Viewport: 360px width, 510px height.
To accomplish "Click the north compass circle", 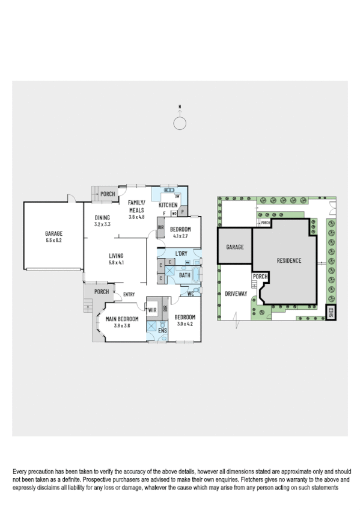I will point(180,123).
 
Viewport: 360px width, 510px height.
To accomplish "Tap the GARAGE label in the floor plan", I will point(53,234).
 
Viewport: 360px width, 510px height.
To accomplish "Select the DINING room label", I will point(102,219).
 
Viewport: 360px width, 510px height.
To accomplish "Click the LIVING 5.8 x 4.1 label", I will point(116,259).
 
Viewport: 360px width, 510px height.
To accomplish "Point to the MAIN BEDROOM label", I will point(122,319).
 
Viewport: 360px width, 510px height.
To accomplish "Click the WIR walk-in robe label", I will point(153,311).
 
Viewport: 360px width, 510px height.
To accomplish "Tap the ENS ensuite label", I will point(162,330).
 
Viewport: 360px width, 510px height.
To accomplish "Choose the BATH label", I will point(184,275).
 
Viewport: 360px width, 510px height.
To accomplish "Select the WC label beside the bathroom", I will point(190,293).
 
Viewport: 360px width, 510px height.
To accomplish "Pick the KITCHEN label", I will point(168,205).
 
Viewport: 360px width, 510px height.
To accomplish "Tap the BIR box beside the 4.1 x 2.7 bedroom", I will point(160,227).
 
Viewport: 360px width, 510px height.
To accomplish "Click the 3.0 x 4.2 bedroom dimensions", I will point(183,324).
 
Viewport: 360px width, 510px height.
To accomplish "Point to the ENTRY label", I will point(128,294).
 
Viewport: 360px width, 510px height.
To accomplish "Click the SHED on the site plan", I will point(330,312).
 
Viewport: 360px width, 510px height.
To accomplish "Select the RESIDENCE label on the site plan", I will point(288,260).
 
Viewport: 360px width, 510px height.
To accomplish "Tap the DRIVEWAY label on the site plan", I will point(236,294).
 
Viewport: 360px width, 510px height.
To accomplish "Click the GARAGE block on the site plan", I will point(234,247).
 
